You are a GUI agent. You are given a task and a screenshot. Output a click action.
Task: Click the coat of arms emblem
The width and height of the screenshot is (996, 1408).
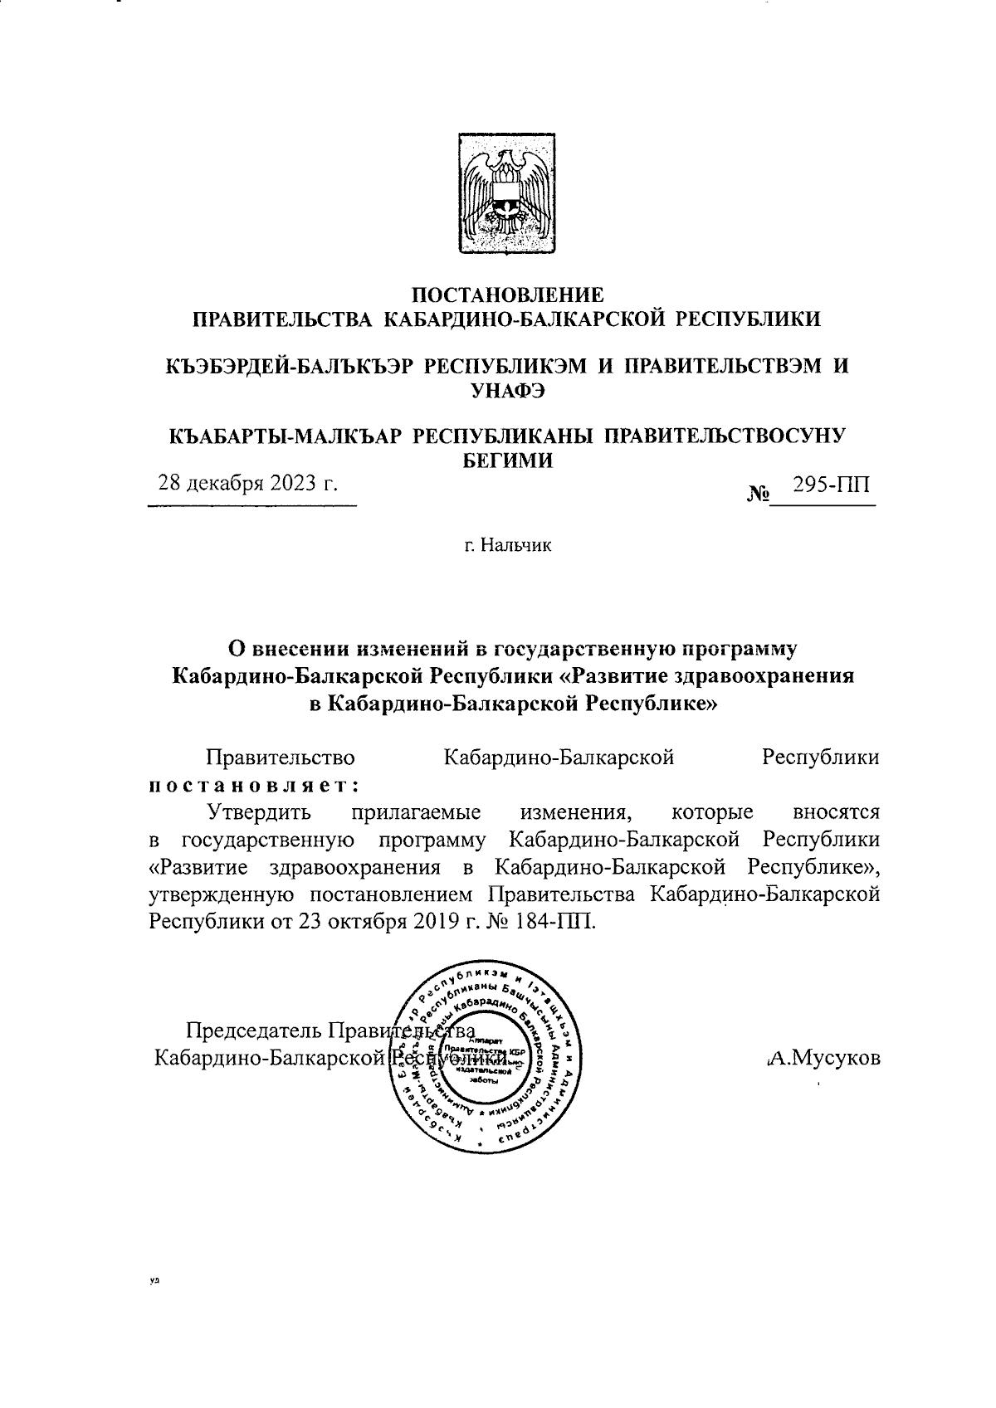click(508, 193)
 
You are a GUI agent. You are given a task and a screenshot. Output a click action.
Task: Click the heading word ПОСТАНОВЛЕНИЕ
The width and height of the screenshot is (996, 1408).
click(508, 294)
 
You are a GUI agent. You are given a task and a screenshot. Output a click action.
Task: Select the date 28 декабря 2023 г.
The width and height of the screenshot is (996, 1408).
click(248, 484)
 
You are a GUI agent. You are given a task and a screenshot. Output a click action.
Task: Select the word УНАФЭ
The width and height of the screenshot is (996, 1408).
click(507, 392)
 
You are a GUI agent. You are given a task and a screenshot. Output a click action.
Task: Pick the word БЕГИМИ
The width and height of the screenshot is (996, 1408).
click(507, 461)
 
